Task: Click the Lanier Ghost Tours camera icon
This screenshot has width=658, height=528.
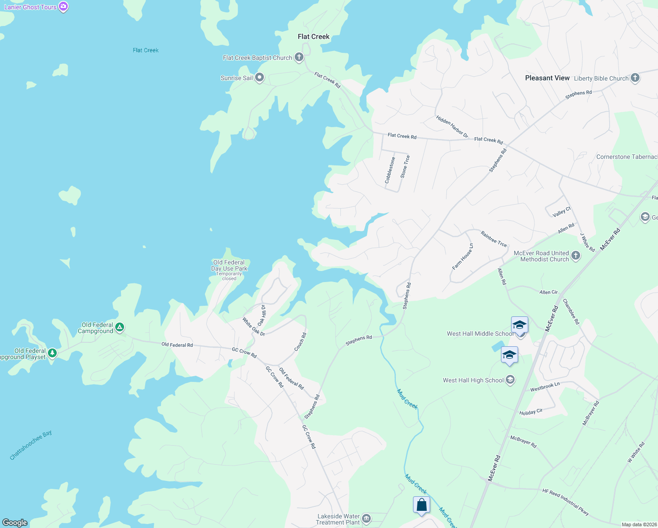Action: click(63, 7)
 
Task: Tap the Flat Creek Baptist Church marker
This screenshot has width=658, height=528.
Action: click(299, 57)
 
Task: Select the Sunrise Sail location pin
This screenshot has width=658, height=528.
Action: click(260, 78)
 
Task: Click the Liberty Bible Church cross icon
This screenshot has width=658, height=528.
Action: click(635, 78)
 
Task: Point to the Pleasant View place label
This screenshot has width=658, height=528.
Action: click(547, 78)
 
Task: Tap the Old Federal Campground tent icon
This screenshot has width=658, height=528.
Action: click(120, 327)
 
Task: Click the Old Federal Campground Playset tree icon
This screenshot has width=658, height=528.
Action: click(52, 353)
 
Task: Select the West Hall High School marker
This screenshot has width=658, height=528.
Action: click(510, 380)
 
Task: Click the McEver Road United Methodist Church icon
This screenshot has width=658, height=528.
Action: click(576, 255)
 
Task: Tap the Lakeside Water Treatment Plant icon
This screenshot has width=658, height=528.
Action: click(366, 519)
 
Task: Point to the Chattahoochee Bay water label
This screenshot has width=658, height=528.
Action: click(31, 445)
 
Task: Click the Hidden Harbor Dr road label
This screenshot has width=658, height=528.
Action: click(452, 127)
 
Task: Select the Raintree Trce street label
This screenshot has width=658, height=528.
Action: click(493, 239)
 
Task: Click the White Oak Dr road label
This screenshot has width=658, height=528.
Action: click(254, 327)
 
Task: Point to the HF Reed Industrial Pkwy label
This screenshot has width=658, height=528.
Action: click(565, 502)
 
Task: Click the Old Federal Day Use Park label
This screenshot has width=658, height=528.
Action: click(229, 266)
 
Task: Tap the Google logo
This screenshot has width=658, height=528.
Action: click(15, 522)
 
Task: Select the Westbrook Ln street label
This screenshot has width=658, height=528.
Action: click(545, 387)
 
